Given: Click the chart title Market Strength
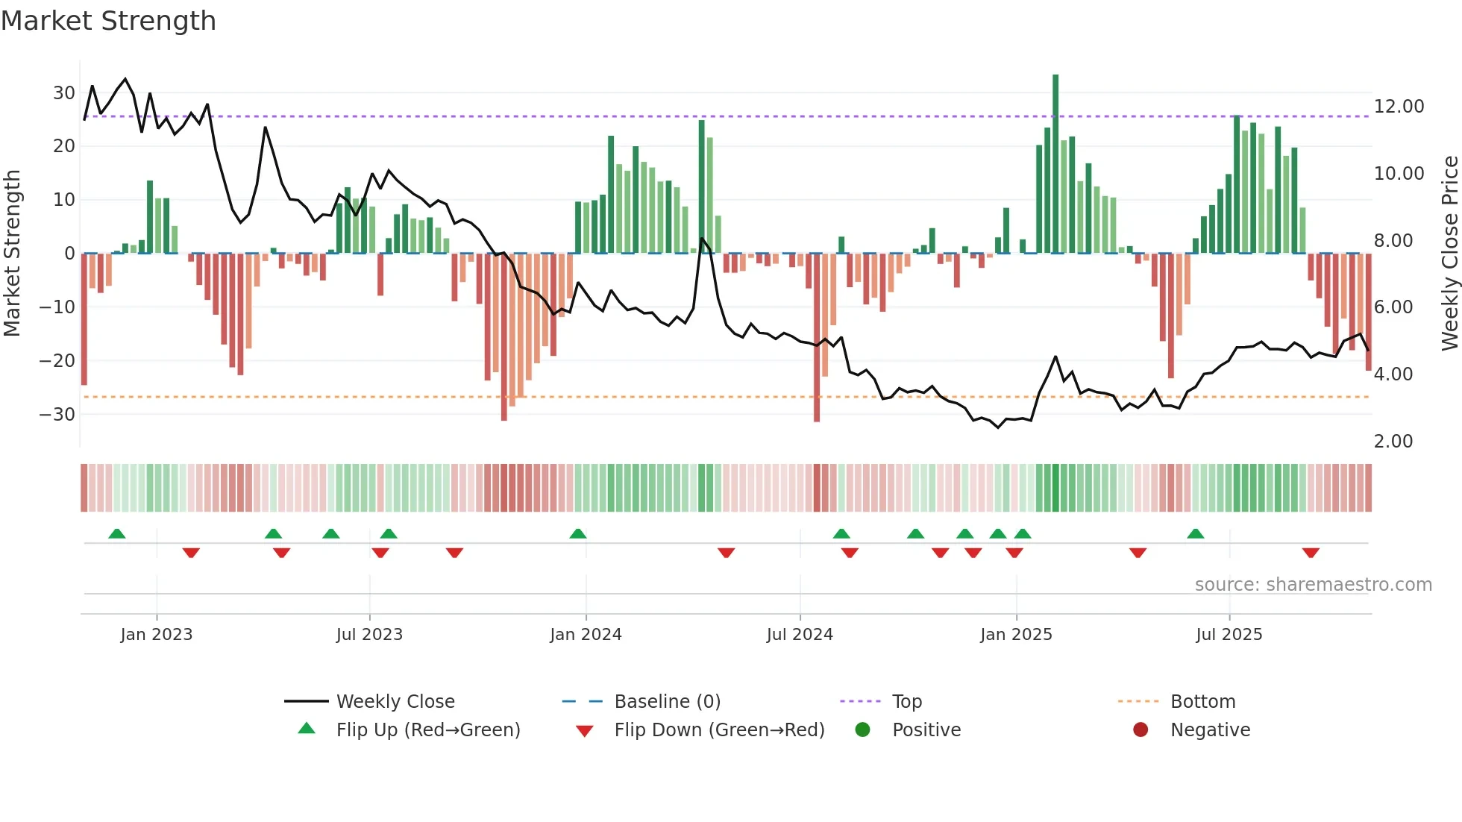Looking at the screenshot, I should (108, 21).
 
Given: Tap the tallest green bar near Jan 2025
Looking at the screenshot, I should (1055, 164).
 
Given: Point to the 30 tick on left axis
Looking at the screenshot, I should (64, 93).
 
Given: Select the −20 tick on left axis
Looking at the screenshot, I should (57, 361).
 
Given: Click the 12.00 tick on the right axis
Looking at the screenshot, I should (1399, 107).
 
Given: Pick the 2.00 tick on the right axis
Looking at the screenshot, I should (1393, 442).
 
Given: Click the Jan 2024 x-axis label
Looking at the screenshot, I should (586, 635).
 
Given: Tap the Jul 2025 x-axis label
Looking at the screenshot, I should (1229, 635).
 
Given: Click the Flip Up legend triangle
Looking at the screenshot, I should (307, 729).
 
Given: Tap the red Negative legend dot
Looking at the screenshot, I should (1141, 730).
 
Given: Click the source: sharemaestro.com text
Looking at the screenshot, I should (1313, 585).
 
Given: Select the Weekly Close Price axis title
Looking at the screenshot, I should (1449, 254).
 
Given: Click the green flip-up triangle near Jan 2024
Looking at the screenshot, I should (578, 533).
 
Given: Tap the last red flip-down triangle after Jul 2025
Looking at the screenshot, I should (1311, 553).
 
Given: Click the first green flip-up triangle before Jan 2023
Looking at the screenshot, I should (117, 533).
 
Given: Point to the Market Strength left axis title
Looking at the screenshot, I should (12, 254).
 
